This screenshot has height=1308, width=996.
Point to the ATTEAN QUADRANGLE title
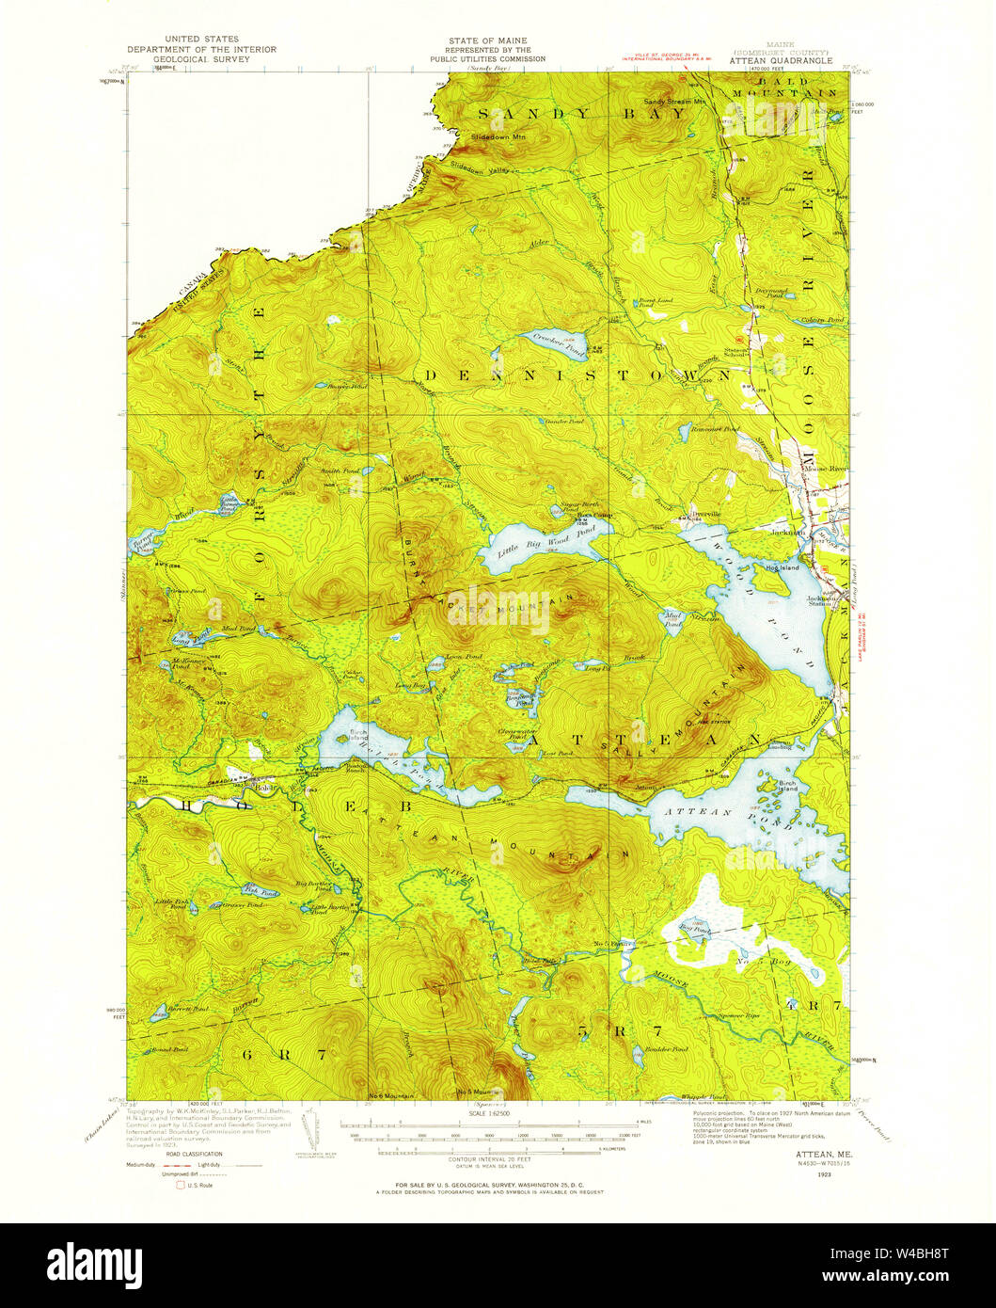[x=781, y=60]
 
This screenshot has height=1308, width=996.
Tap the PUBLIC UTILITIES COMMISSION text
[x=488, y=58]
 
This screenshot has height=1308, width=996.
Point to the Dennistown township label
[x=574, y=375]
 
